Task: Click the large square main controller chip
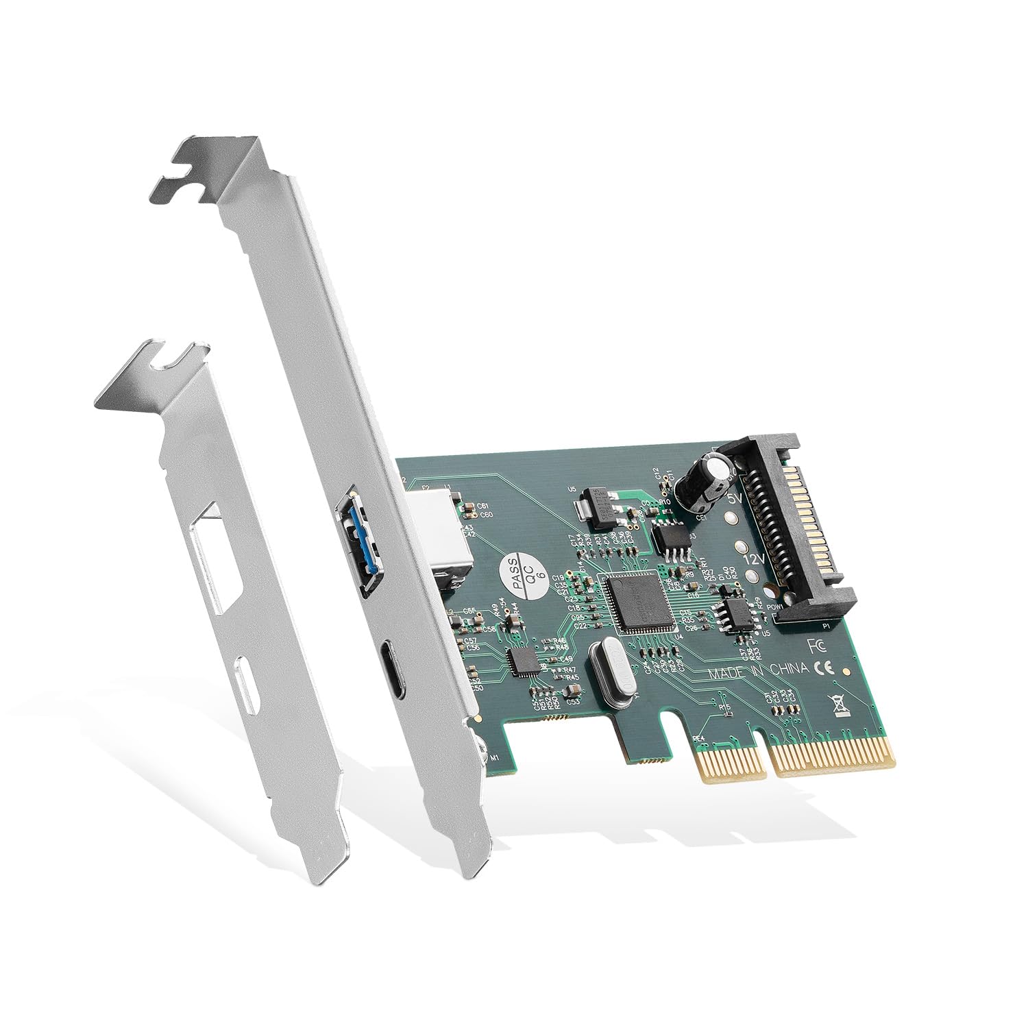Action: tap(633, 603)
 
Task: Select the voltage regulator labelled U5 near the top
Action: tap(591, 505)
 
